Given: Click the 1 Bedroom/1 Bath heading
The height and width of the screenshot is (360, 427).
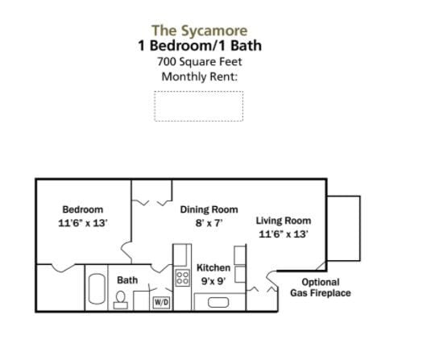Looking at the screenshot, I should pos(199,46).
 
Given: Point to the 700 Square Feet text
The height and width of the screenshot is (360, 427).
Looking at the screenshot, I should pos(199,62).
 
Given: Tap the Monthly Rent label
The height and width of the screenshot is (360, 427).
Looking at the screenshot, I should pos(199,77).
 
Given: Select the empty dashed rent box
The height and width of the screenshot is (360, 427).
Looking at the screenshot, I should pos(198,106).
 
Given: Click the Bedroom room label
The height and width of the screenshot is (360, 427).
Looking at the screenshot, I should pos(83,209).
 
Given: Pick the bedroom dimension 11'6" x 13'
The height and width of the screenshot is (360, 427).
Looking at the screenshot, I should pos(83,222).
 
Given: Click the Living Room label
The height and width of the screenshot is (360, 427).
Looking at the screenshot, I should pos(284,221).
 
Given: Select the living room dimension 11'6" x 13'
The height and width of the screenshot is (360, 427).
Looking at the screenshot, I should pos(284,234).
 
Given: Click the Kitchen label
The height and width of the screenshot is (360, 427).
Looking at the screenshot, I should pos(213,267).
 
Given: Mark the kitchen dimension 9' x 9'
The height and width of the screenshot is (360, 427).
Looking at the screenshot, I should pos(213,281).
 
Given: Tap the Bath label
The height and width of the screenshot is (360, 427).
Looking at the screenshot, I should pos(127,280).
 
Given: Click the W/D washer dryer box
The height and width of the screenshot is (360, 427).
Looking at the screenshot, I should pos(161,302).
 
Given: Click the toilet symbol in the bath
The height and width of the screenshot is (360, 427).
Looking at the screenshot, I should pos(121,300).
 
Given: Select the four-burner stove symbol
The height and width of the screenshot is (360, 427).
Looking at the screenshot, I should pos(183,278).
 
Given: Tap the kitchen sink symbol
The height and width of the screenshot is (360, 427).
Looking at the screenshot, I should pos(219,302).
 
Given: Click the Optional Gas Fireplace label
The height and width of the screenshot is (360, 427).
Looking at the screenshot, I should pos(320,288).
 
